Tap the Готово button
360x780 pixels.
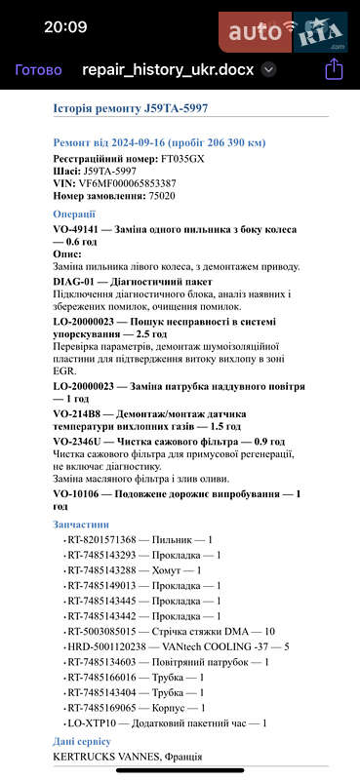(39, 70)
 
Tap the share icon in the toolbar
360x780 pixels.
(334, 69)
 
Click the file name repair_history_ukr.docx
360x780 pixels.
(169, 70)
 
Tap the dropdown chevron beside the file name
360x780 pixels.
(268, 70)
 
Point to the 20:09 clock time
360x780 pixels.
(65, 26)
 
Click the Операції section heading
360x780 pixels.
(74, 214)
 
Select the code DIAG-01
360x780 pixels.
(76, 281)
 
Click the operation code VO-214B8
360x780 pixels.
(81, 413)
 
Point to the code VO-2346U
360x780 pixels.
(82, 441)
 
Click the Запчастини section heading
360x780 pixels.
(81, 525)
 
